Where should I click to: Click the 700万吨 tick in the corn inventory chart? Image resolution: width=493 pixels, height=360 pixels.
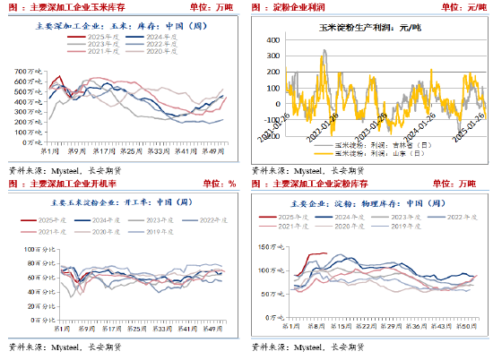30,69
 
